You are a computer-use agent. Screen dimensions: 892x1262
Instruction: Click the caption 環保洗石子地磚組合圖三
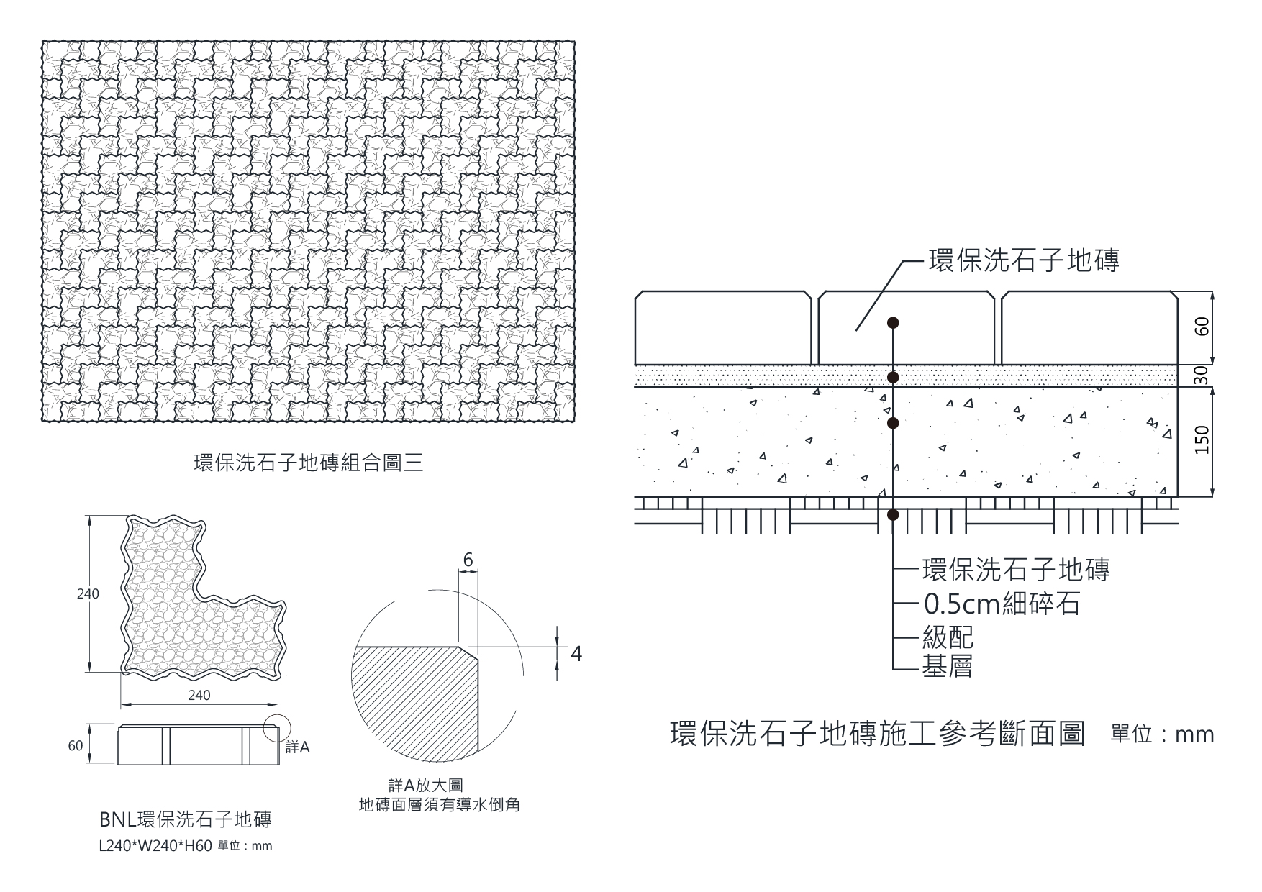pyautogui.click(x=309, y=463)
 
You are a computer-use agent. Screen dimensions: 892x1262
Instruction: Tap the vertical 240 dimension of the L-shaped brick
pyautogui.click(x=88, y=594)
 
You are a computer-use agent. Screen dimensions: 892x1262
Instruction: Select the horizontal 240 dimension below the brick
pyautogui.click(x=199, y=696)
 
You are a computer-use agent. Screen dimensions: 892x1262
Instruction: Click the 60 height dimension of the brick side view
pyautogui.click(x=76, y=746)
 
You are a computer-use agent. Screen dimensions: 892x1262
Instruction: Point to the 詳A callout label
pyautogui.click(x=297, y=747)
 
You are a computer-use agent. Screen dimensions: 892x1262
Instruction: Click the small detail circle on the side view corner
pyautogui.click(x=278, y=728)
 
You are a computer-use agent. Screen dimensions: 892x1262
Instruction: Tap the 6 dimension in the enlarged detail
pyautogui.click(x=468, y=560)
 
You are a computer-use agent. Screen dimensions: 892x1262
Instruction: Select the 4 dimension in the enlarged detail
pyautogui.click(x=576, y=654)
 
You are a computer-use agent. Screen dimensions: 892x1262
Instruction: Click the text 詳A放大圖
pyautogui.click(x=421, y=786)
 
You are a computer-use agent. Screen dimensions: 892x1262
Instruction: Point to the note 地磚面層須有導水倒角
pyautogui.click(x=439, y=805)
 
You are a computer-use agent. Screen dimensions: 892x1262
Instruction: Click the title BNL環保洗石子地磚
pyautogui.click(x=185, y=820)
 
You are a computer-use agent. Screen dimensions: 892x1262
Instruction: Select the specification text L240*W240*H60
pyautogui.click(x=155, y=847)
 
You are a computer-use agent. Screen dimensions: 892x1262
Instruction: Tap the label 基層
pyautogui.click(x=948, y=667)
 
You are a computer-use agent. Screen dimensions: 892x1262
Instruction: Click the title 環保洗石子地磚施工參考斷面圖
pyautogui.click(x=877, y=734)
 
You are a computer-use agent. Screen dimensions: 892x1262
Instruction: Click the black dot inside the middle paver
pyautogui.click(x=893, y=322)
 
